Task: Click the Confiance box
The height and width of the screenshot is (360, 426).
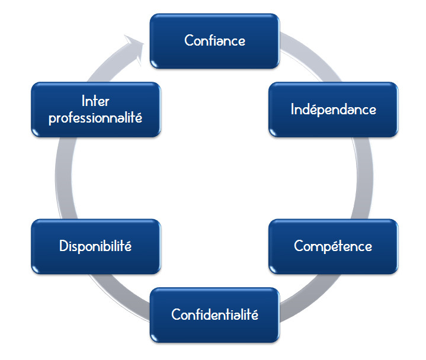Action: [214, 41]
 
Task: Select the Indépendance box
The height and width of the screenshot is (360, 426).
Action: [333, 110]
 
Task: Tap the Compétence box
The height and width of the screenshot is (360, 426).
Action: [333, 246]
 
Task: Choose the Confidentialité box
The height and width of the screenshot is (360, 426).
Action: [214, 314]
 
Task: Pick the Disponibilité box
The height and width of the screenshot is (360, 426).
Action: [95, 246]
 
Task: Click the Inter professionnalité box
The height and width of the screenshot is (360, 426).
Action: [95, 110]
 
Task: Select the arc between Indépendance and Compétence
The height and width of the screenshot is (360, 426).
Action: [373, 178]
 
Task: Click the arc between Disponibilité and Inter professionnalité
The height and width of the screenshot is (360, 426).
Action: [58, 178]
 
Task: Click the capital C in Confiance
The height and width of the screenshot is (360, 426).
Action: [188, 41]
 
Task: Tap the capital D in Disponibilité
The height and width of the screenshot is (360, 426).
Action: [63, 246]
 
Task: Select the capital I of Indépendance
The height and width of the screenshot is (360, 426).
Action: [293, 110]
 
